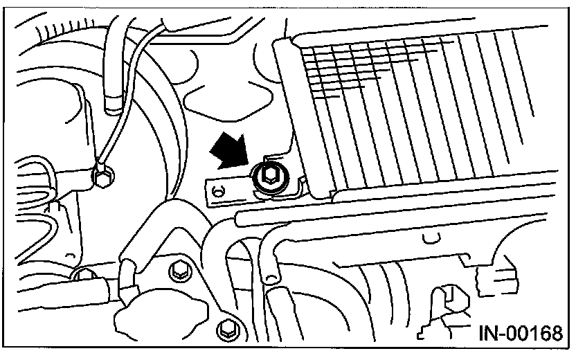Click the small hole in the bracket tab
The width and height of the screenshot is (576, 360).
[x=219, y=190]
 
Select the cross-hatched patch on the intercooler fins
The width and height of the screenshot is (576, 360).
[x=360, y=69]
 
